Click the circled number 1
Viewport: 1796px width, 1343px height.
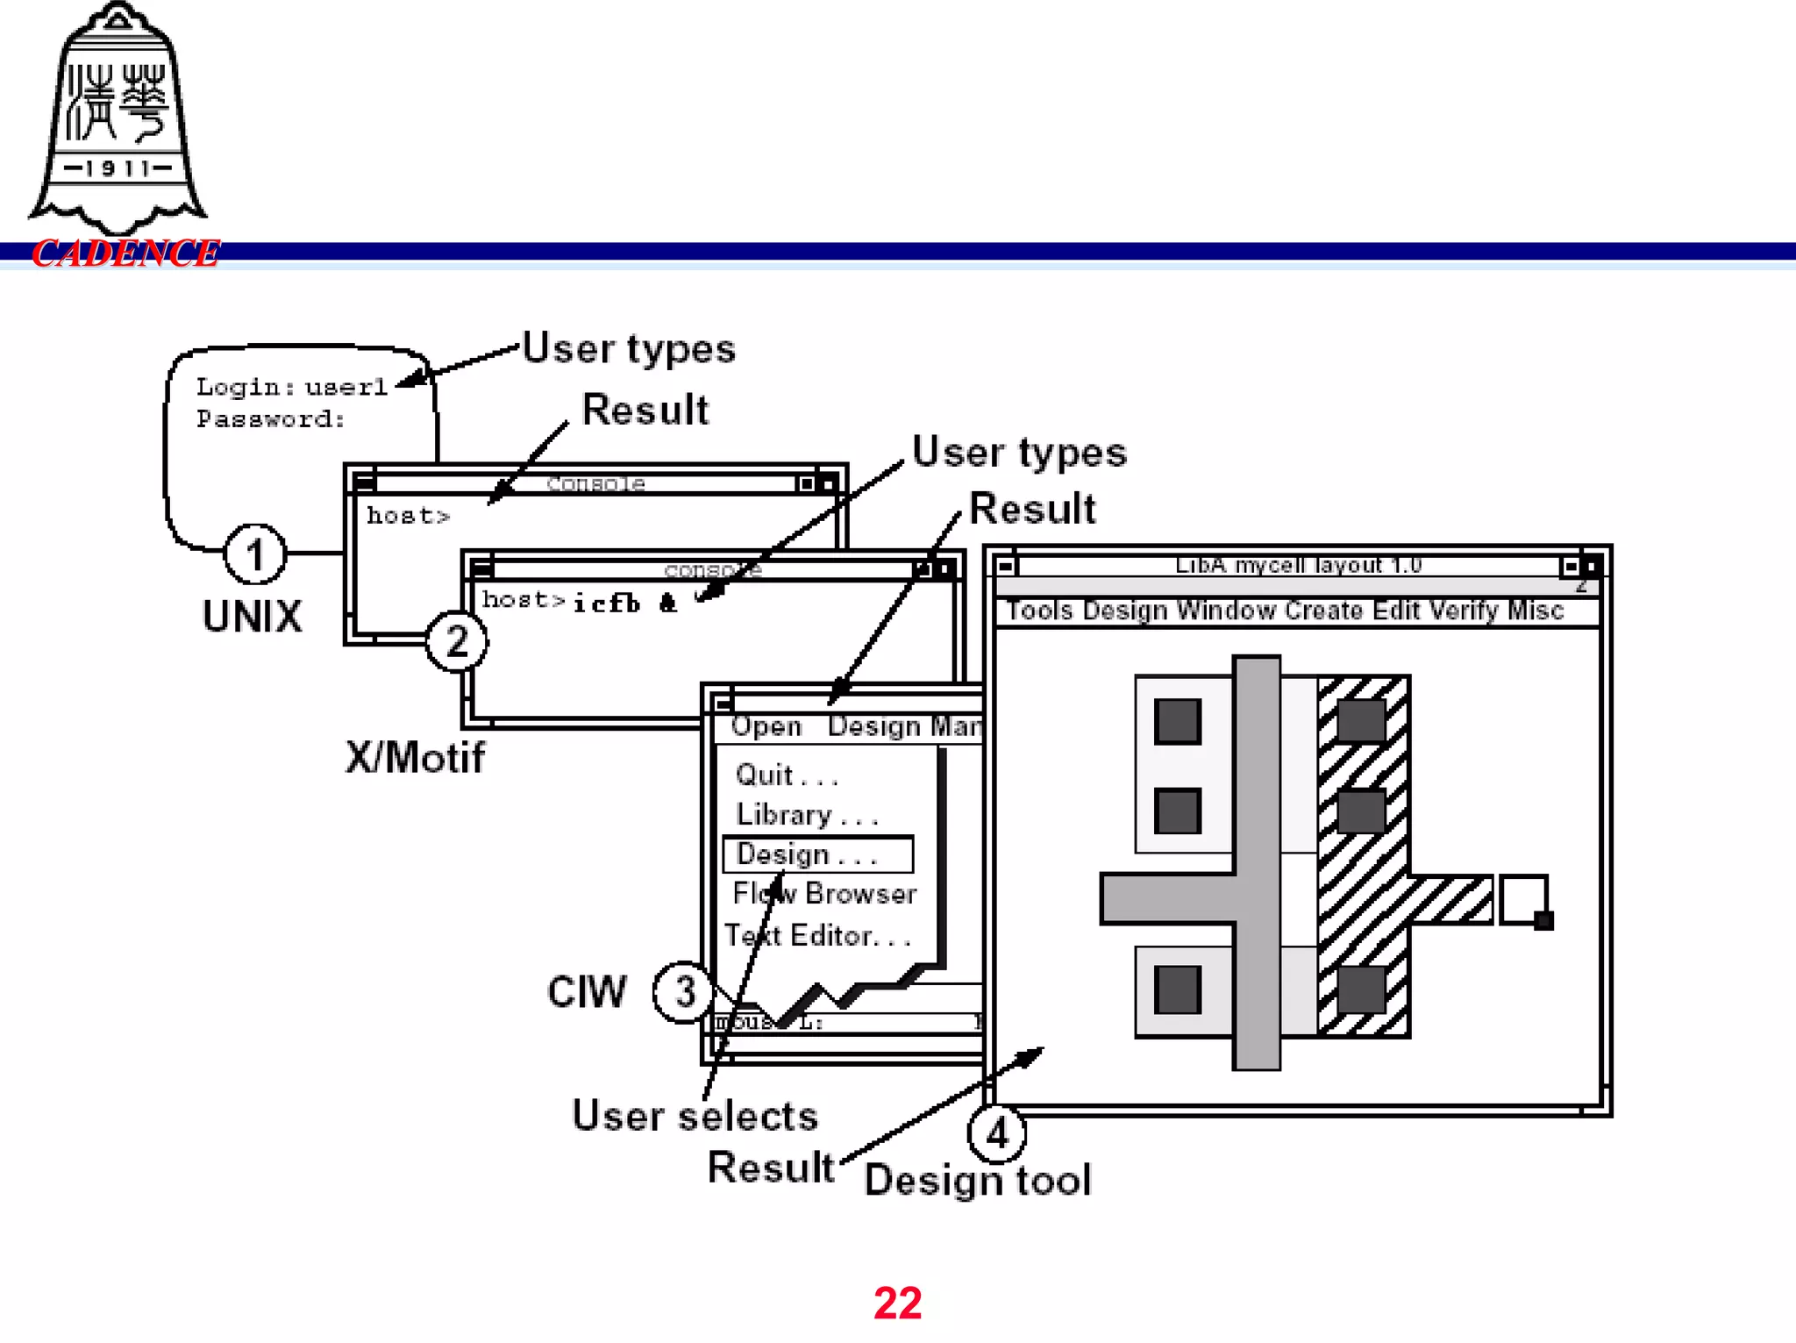coord(255,554)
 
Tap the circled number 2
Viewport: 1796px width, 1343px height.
coord(457,641)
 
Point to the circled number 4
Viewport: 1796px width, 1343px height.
coord(997,1133)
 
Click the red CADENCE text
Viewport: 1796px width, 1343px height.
coord(125,254)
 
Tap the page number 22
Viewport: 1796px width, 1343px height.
coord(897,1303)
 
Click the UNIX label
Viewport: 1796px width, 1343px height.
coord(252,617)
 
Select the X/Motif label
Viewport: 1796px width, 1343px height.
coord(414,757)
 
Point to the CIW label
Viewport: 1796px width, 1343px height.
coord(587,992)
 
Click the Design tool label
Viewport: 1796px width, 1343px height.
coord(978,1180)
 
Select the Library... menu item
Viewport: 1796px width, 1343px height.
coord(806,815)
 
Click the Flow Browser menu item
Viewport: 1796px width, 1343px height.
coord(824,893)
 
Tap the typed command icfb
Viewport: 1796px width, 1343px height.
coord(607,604)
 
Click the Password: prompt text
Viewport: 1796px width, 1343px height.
coord(270,419)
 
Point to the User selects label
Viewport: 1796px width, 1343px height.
coord(695,1116)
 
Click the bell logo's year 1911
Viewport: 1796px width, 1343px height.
coord(118,168)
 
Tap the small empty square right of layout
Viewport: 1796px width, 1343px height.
coord(1522,899)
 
